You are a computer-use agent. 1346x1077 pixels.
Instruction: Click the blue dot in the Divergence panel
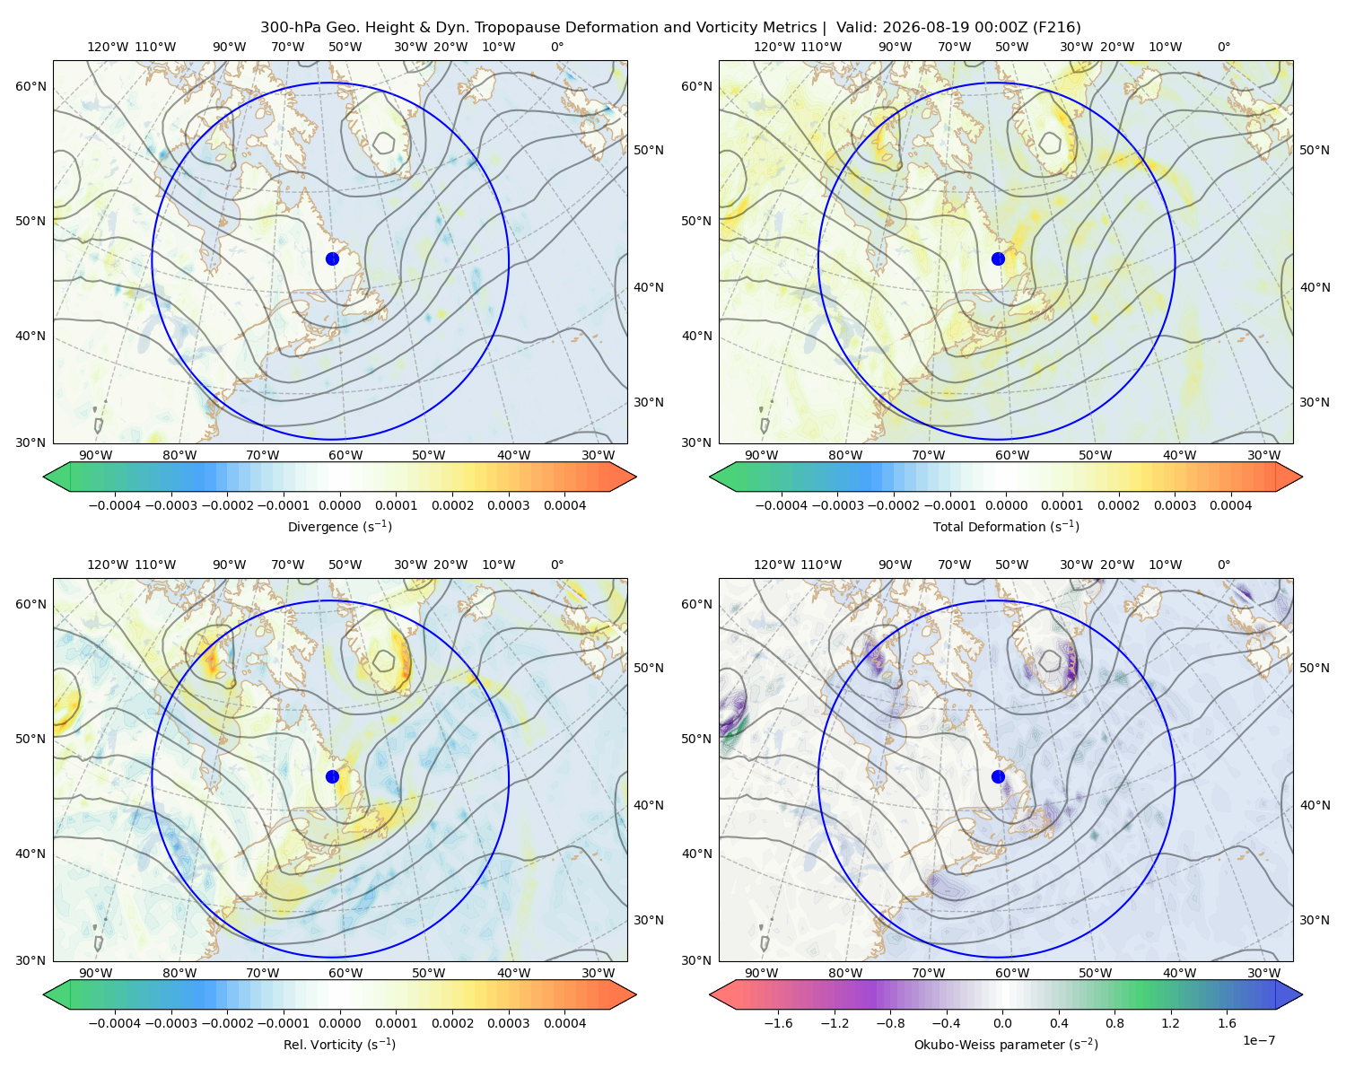pyautogui.click(x=332, y=259)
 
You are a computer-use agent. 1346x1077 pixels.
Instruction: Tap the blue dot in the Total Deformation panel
pyautogui.click(x=998, y=259)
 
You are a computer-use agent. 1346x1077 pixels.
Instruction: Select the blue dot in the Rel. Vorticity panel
pyautogui.click(x=332, y=776)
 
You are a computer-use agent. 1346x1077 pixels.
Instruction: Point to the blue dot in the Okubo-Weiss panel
pyautogui.click(x=998, y=776)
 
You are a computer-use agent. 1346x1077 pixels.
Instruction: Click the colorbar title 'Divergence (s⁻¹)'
pyautogui.click(x=339, y=526)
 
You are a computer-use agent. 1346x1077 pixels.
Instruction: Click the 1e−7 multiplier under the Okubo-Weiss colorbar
pyautogui.click(x=1258, y=1040)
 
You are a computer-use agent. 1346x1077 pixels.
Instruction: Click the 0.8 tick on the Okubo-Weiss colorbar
pyautogui.click(x=1114, y=1023)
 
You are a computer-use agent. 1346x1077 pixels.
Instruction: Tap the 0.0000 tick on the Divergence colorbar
pyautogui.click(x=339, y=505)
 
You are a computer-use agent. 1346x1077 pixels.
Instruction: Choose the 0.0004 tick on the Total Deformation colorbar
pyautogui.click(x=1231, y=505)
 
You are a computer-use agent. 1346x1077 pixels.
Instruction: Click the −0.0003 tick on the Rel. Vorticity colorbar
pyautogui.click(x=170, y=1023)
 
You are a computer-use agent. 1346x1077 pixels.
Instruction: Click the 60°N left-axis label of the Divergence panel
pyautogui.click(x=31, y=86)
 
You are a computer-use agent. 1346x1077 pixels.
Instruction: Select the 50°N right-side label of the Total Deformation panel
pyautogui.click(x=1315, y=150)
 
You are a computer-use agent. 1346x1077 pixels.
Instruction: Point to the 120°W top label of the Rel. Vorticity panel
pyautogui.click(x=108, y=565)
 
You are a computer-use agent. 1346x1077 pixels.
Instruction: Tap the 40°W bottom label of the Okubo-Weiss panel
pyautogui.click(x=1180, y=973)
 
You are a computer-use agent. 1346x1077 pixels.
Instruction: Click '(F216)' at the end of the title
pyautogui.click(x=1057, y=28)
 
